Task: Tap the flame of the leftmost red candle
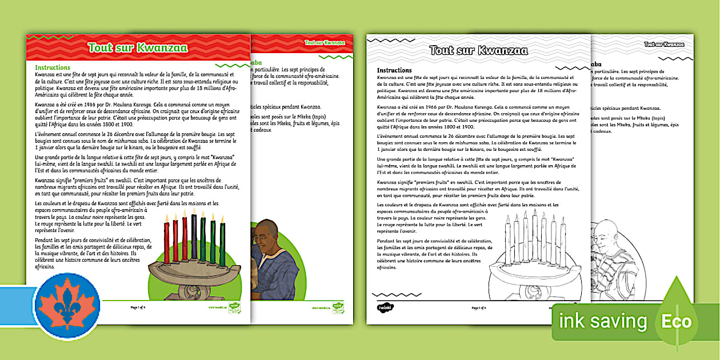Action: [167, 218]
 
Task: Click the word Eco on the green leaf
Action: [676, 321]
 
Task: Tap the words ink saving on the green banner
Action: [603, 322]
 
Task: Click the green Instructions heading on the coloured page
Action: [53, 67]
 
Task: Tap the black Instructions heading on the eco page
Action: [394, 70]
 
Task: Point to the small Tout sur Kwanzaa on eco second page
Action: [664, 44]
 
